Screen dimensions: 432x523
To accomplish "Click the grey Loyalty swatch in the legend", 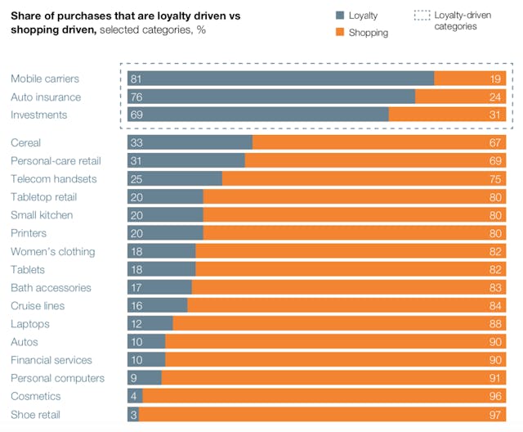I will point(341,16).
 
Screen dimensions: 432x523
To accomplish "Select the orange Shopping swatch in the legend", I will point(341,32).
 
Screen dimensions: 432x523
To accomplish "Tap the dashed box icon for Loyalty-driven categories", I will point(422,16).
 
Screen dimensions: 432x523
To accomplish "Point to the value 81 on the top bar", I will point(136,79).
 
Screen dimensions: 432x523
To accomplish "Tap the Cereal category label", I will point(25,142).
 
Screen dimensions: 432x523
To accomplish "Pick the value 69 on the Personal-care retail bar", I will point(494,161).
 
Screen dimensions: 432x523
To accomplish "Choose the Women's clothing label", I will point(52,251).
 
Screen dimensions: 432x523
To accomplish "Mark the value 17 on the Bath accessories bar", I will point(136,287).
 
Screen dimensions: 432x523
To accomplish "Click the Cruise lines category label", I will point(37,305).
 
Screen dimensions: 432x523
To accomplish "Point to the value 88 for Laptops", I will point(494,324).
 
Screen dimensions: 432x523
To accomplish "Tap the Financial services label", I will point(51,360).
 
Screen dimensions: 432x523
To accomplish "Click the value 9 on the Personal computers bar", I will point(134,378).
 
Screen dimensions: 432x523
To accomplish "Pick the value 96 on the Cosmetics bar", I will point(494,396).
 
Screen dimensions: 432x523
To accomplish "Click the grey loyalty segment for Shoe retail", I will point(133,414).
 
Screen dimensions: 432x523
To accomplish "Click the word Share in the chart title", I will point(27,16).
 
